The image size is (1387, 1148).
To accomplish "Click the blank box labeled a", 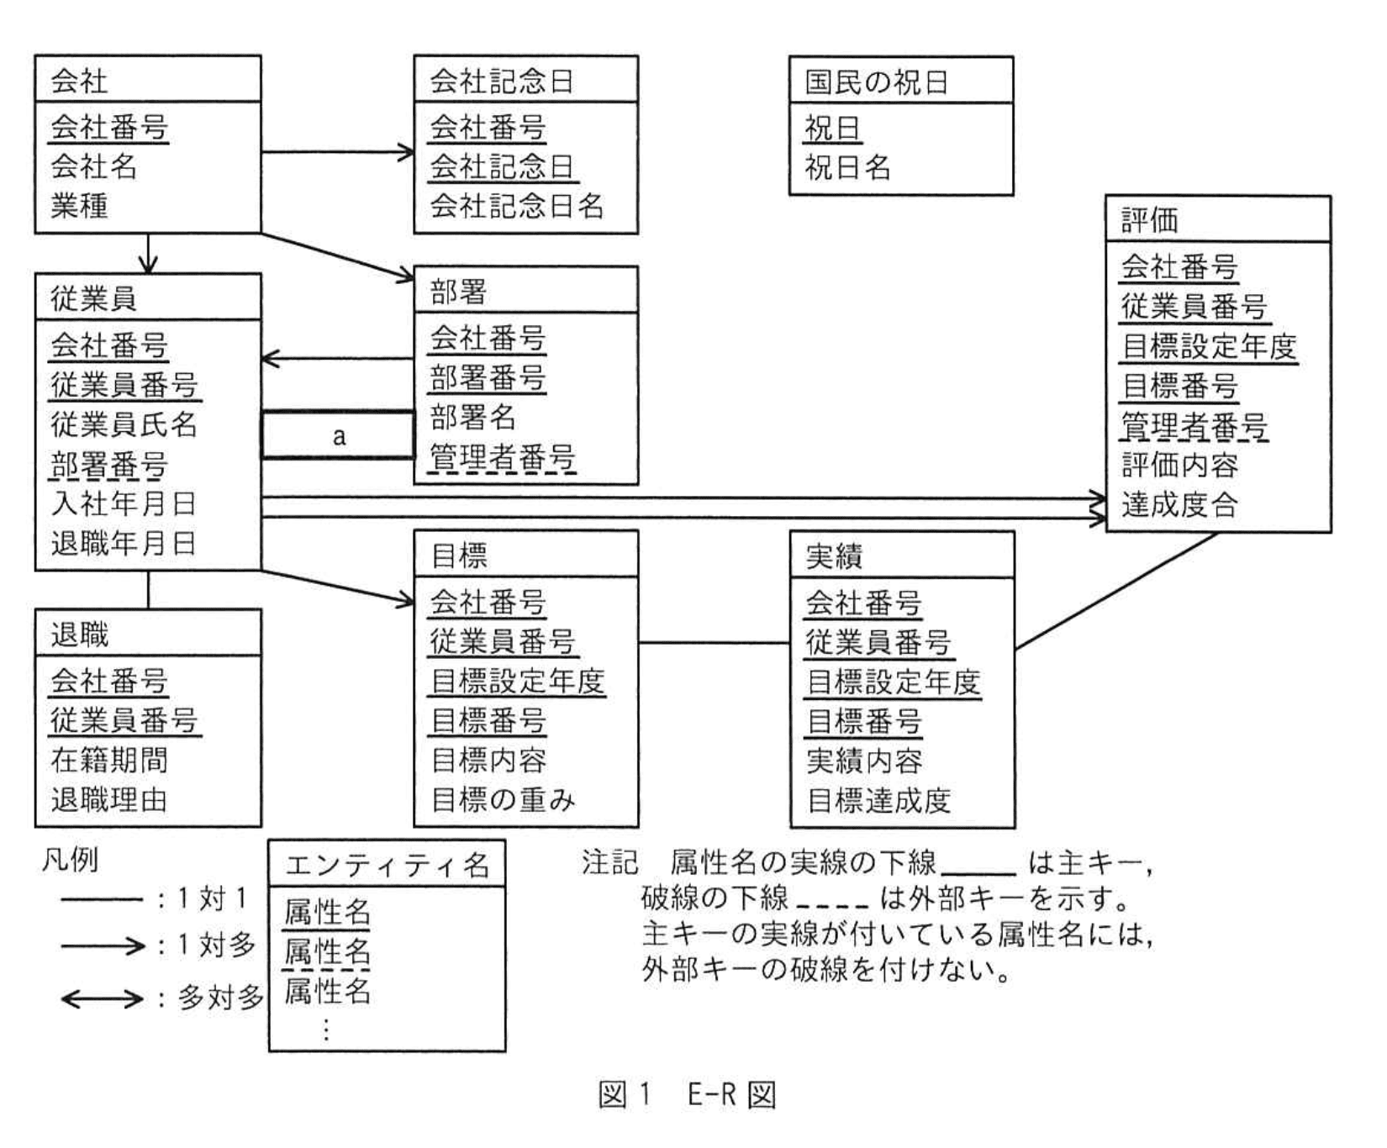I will (x=338, y=435).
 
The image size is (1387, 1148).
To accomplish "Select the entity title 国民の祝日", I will (x=877, y=82).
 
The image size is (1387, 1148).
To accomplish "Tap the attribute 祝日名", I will (x=847, y=168).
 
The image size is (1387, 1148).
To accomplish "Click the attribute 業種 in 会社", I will (x=79, y=205).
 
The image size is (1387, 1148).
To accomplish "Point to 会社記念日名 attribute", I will (x=516, y=205).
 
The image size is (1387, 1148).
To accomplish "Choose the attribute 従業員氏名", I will (x=124, y=424).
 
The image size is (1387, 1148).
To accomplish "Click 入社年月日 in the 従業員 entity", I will (x=124, y=503).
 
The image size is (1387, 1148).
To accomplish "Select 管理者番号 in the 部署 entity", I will (x=503, y=457).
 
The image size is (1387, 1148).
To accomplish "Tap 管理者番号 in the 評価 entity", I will (x=1194, y=426).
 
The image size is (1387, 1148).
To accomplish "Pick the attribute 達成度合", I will (x=1179, y=504).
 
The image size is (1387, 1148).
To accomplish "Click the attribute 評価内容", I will (x=1179, y=465).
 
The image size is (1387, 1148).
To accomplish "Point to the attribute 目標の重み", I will (x=503, y=799).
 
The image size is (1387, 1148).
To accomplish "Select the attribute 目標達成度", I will (x=878, y=800).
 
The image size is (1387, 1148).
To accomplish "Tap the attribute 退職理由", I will (x=109, y=799).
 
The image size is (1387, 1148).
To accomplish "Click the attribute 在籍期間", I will (x=109, y=760).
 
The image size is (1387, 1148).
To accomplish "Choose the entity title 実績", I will (x=834, y=556).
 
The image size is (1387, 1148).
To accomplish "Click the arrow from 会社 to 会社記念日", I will (x=337, y=152).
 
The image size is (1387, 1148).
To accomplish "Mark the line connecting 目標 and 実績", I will (x=714, y=644).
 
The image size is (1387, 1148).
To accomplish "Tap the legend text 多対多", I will (x=220, y=998).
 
